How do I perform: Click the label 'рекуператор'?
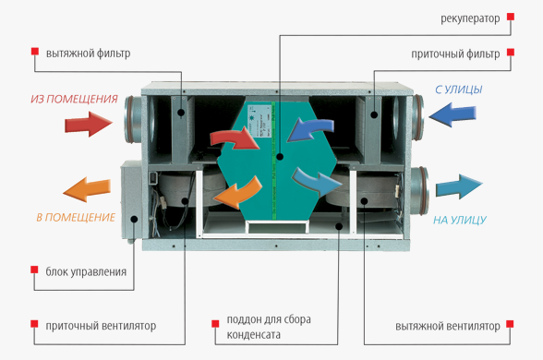(470, 18)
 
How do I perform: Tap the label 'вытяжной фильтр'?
(89, 54)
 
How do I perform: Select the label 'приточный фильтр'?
(455, 54)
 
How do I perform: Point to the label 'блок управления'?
(86, 271)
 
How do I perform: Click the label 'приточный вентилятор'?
(101, 326)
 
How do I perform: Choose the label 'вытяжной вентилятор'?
(447, 326)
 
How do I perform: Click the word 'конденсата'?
(253, 335)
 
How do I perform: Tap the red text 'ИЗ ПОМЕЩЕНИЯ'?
(74, 100)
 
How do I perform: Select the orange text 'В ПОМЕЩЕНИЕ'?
(76, 218)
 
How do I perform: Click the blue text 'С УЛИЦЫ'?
(458, 90)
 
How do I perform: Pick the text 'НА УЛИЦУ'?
(460, 220)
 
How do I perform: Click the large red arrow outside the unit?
(89, 124)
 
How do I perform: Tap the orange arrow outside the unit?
(87, 189)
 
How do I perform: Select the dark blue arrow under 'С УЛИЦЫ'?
(452, 114)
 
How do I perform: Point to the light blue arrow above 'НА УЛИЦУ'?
(459, 186)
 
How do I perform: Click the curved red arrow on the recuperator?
(235, 139)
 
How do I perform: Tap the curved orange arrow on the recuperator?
(238, 194)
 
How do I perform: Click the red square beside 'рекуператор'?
(511, 17)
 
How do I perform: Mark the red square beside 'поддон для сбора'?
(215, 324)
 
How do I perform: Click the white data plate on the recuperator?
(259, 122)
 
